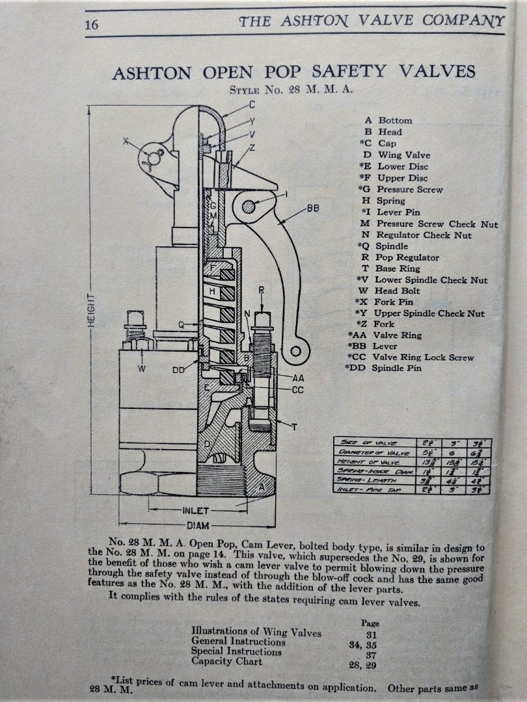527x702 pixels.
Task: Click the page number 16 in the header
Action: [x=90, y=25]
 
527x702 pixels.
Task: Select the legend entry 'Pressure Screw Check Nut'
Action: [x=437, y=224]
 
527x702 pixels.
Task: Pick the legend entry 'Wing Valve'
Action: [x=404, y=155]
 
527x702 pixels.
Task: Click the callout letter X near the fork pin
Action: [x=126, y=140]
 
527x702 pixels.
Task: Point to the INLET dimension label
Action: [x=195, y=511]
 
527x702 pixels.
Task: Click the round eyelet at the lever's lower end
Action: [x=295, y=352]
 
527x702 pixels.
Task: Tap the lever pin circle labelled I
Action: [x=249, y=207]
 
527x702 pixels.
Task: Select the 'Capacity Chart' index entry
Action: [x=226, y=661]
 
